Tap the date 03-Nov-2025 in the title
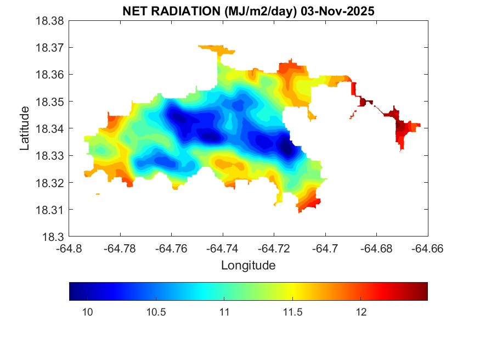[338, 12]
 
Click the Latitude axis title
[25, 129]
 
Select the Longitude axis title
[248, 266]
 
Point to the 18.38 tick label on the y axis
[50, 21]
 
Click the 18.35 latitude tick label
[50, 102]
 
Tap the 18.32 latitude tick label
[50, 183]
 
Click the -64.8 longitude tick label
[70, 249]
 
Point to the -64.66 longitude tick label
[428, 249]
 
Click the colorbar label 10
[87, 312]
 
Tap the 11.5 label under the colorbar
[292, 312]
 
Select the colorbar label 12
[360, 312]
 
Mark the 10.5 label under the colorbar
[155, 312]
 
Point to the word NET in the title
[135, 12]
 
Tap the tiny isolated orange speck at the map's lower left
[98, 194]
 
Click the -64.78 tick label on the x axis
[121, 249]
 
